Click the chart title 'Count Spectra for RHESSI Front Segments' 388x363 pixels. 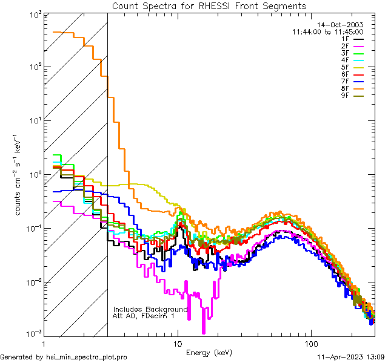tap(209, 6)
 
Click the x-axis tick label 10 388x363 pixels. tap(178, 343)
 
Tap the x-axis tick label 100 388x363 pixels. tap(311, 343)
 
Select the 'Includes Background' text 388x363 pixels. tap(150, 309)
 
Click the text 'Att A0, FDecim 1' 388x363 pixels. tap(144, 316)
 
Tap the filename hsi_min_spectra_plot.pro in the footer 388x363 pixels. tap(87, 358)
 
